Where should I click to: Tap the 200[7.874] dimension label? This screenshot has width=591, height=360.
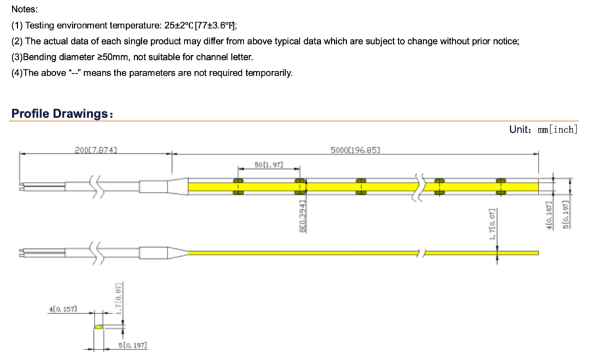click(96, 150)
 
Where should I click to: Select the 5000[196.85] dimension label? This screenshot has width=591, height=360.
click(355, 150)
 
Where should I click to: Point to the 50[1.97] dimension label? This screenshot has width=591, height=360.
click(269, 165)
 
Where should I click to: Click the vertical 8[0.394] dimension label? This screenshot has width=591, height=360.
click(303, 216)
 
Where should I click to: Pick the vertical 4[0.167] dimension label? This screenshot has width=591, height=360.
click(549, 215)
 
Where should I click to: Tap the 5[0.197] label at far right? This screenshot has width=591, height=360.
click(565, 215)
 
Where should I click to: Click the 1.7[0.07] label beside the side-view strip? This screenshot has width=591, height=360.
click(492, 224)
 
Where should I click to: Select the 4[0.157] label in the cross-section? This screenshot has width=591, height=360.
click(62, 309)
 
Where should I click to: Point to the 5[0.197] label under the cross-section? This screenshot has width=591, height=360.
click(133, 345)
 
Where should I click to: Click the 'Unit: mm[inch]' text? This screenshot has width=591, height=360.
click(543, 129)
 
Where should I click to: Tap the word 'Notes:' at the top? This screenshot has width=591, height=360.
click(24, 9)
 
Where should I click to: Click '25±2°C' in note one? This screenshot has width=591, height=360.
click(179, 25)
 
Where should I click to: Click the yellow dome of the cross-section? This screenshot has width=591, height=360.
click(98, 326)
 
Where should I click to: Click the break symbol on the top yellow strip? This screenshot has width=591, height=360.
click(420, 187)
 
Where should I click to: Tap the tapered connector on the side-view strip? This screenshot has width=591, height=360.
click(177, 252)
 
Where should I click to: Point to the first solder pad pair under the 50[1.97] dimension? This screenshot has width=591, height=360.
click(238, 187)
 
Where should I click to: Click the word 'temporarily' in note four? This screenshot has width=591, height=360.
click(269, 73)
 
